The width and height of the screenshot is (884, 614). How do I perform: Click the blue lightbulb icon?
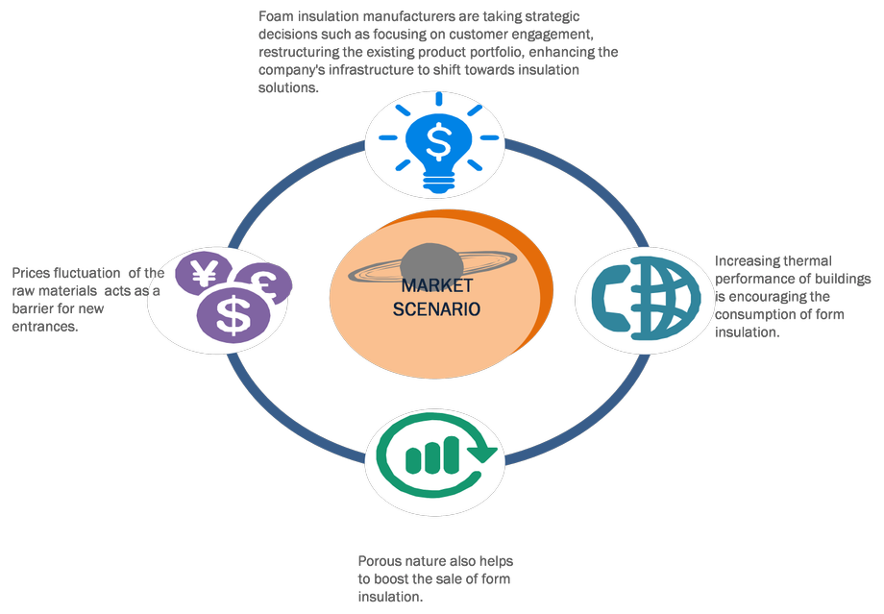pos(439,144)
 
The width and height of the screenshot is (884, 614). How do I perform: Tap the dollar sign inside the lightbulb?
pos(439,142)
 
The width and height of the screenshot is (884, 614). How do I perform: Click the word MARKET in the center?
pos(437,285)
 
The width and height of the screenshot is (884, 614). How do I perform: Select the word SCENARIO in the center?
pos(437,309)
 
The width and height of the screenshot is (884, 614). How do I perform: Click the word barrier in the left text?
pos(35,309)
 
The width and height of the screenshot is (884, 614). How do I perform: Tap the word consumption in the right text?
pos(757,314)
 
